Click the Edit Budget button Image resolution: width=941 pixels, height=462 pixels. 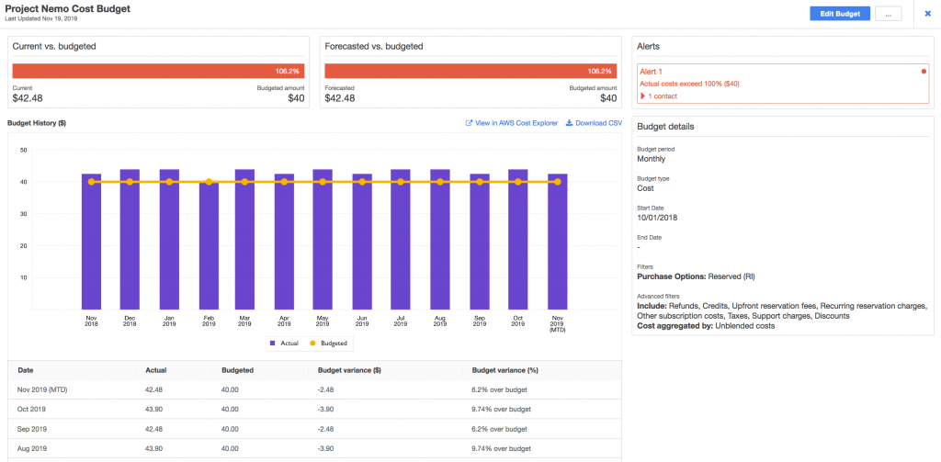point(839,14)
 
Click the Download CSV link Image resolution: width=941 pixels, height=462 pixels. point(594,123)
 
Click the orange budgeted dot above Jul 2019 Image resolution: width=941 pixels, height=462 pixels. point(401,182)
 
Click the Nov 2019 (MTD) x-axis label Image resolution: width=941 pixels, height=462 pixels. point(557,323)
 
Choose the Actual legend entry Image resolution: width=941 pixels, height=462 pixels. point(283,343)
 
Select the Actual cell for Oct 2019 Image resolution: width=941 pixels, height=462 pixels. point(154,409)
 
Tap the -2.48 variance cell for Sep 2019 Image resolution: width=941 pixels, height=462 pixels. point(328,428)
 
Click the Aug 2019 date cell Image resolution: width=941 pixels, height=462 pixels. point(34,447)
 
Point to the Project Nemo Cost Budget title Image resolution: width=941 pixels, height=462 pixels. point(68,8)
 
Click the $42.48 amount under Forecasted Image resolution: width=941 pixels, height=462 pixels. point(340,98)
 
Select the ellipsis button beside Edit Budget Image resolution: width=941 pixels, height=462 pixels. point(888,14)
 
